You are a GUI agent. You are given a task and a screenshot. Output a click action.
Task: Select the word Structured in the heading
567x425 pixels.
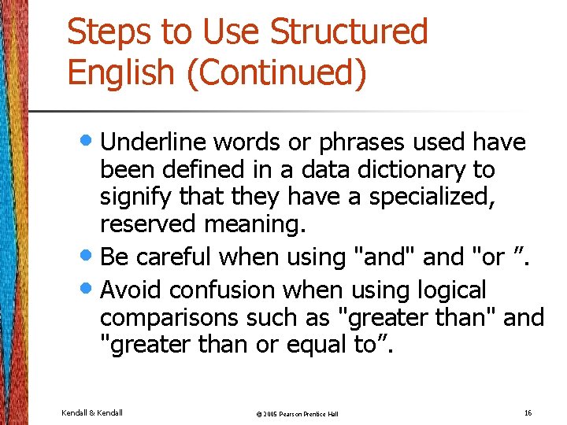pyautogui.click(x=349, y=33)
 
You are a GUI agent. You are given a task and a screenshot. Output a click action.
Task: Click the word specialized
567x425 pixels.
pyautogui.click(x=432, y=197)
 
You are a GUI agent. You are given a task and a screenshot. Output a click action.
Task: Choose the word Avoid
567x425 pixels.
pyautogui.click(x=132, y=290)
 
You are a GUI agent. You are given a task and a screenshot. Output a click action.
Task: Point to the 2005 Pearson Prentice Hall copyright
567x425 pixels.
pyautogui.click(x=287, y=413)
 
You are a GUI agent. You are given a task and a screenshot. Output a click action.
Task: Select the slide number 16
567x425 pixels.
pyautogui.click(x=527, y=412)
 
